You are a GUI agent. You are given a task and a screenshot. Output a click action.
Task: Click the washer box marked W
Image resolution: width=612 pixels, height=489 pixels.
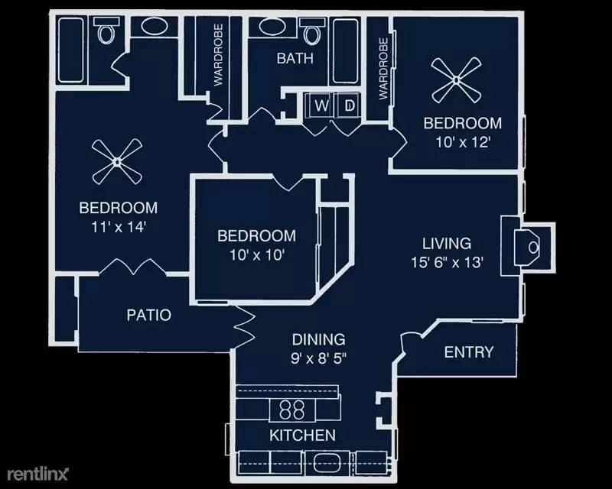[x=321, y=105]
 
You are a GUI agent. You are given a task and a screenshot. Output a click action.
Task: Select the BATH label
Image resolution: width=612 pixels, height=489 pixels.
[x=295, y=59]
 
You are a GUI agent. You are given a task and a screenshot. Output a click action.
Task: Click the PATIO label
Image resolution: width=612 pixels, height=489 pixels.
[x=148, y=315]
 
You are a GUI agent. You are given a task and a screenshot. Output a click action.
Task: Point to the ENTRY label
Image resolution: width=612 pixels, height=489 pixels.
[x=469, y=352]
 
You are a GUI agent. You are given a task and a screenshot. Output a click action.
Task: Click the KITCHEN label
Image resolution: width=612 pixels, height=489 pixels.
[x=302, y=436]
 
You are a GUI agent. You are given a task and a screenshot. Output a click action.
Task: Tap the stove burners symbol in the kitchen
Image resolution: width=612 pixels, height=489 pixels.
[x=292, y=410]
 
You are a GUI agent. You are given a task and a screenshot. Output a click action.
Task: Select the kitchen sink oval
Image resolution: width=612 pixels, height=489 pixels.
[x=322, y=463]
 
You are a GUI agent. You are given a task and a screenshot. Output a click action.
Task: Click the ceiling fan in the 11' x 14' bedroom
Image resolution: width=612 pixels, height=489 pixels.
[x=117, y=161]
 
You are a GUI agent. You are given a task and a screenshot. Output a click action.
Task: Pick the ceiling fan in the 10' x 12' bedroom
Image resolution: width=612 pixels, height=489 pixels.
[x=456, y=80]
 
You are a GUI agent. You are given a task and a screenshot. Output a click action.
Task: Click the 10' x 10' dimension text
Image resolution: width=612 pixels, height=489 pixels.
[x=256, y=255]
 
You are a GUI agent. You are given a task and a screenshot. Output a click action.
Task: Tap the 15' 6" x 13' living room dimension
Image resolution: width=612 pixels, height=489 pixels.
[x=447, y=262]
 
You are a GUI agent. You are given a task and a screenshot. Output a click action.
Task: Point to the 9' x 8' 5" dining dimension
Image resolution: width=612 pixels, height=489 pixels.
[x=318, y=358]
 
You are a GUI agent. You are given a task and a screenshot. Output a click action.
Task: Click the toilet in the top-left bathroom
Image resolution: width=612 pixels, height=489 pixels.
[x=106, y=31]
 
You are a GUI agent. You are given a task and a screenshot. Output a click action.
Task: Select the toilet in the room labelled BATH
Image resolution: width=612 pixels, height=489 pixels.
[x=311, y=31]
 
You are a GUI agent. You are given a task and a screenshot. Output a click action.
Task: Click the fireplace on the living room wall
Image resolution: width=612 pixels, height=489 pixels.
[x=528, y=248]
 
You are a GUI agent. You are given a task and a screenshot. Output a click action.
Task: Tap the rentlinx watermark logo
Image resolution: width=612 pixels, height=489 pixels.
[x=37, y=474]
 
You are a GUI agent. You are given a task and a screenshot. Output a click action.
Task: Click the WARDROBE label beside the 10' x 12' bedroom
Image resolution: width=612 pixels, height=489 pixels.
[x=383, y=69]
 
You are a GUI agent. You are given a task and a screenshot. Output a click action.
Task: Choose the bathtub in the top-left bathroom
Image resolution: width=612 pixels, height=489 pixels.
[x=70, y=50]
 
